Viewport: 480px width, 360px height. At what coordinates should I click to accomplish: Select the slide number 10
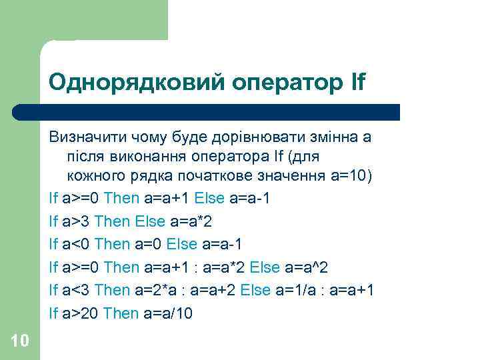[20, 341]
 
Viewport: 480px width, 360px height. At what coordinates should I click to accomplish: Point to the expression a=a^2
[307, 267]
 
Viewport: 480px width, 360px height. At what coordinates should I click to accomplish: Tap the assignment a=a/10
[167, 313]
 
